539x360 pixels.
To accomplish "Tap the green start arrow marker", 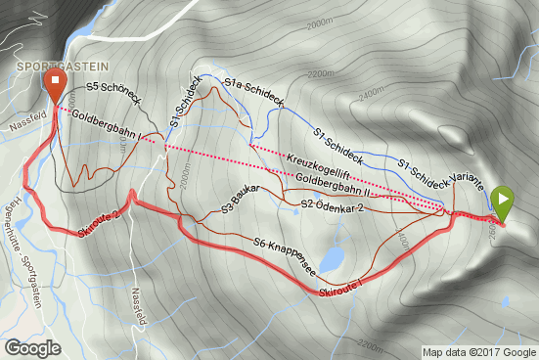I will tap(502, 202).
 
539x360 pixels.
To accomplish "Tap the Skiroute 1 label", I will tap(340, 283).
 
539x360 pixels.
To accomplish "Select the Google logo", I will tap(33, 347).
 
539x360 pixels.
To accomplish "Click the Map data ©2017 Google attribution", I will tap(479, 352).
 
